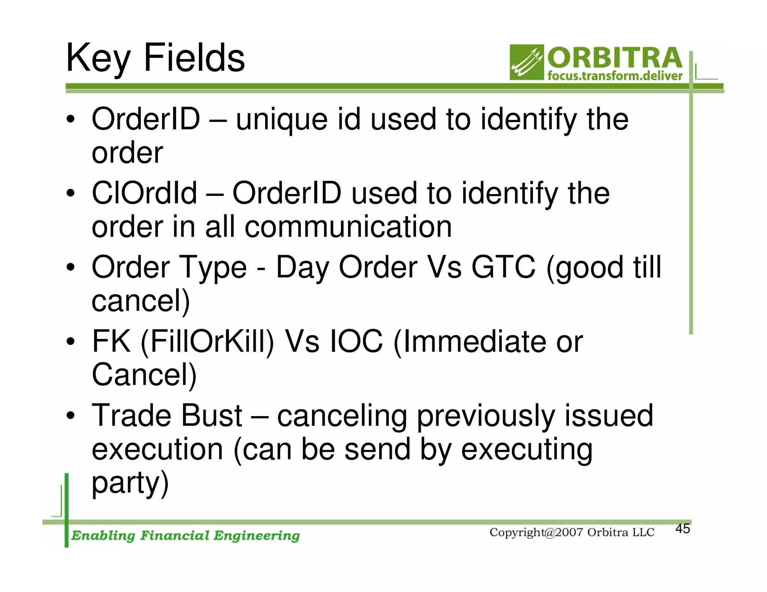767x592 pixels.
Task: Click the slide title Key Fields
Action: tap(155, 58)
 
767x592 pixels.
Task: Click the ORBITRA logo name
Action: tap(615, 58)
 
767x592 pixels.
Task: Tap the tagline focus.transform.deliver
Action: tap(615, 76)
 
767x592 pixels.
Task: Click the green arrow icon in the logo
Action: tap(526, 62)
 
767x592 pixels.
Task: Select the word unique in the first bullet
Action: tap(282, 120)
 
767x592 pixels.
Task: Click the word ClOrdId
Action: tap(144, 193)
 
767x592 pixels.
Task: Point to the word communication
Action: tap(348, 227)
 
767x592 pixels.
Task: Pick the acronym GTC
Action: tap(503, 267)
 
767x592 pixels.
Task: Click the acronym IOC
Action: tap(356, 341)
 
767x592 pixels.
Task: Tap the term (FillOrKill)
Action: tap(207, 341)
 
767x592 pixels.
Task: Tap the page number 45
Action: tap(682, 529)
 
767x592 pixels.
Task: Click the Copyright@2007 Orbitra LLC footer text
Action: tap(572, 533)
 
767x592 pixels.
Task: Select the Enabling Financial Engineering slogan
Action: tap(185, 535)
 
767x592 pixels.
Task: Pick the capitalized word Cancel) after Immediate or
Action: tap(144, 375)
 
